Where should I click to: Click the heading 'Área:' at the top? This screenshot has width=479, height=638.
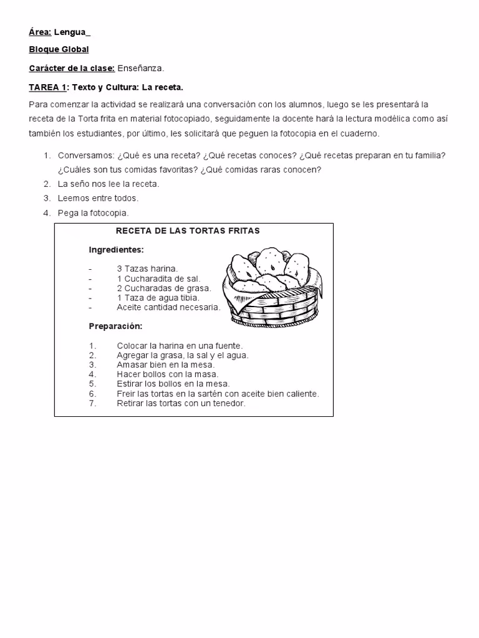(x=40, y=32)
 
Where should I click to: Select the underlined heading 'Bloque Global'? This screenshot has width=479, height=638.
(x=59, y=49)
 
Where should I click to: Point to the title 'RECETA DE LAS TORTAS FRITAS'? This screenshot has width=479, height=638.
(x=188, y=231)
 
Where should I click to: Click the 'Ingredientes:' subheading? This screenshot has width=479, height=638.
(x=116, y=250)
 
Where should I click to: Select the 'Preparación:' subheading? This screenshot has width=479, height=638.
(x=115, y=326)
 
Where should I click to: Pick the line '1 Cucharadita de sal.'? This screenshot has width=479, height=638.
(x=158, y=279)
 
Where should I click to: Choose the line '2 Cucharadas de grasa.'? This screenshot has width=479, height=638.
(x=163, y=288)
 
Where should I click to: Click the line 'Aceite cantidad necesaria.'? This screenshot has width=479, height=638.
(x=168, y=307)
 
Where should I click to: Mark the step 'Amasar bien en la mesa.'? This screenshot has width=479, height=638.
(x=165, y=364)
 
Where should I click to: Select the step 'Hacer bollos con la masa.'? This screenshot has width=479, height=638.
(x=167, y=374)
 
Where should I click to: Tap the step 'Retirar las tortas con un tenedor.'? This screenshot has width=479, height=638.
(x=181, y=403)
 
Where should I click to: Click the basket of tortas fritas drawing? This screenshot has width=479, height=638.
(x=272, y=287)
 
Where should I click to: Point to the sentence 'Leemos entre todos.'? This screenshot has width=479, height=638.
(x=98, y=198)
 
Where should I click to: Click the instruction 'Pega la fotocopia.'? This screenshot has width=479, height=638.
(x=93, y=213)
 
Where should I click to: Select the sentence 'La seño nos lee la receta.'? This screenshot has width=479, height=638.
(x=109, y=184)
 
